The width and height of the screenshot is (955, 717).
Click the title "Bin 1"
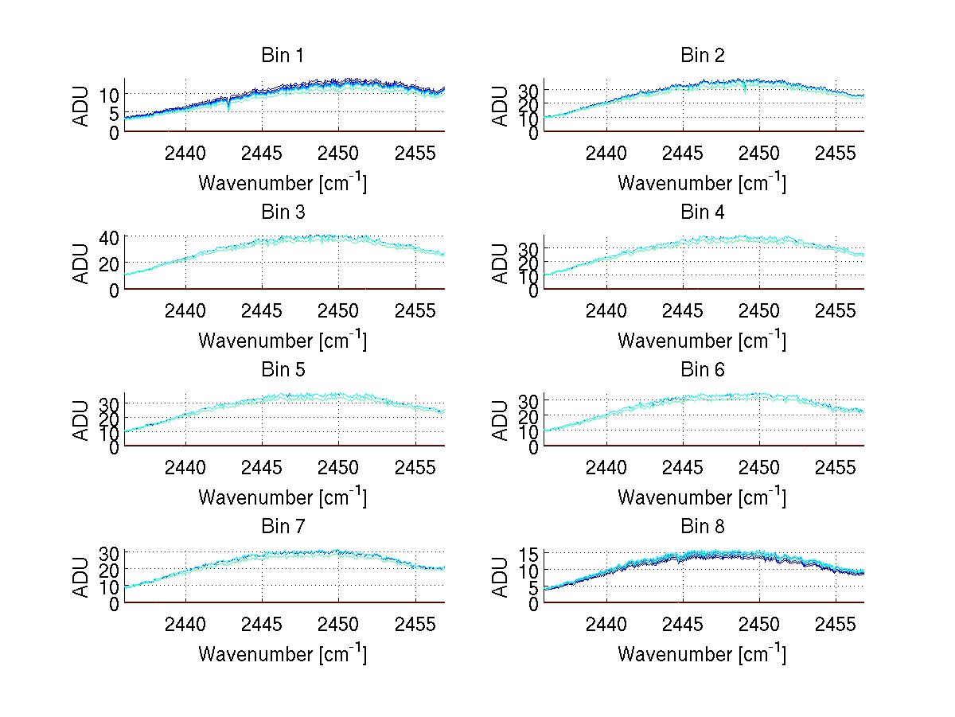pyautogui.click(x=283, y=56)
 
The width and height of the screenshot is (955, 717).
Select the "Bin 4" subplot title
pyautogui.click(x=702, y=212)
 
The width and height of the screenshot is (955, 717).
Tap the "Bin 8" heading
pyautogui.click(x=702, y=527)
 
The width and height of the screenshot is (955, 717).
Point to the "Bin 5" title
pyautogui.click(x=283, y=370)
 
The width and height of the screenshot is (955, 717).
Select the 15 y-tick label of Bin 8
pyautogui.click(x=529, y=554)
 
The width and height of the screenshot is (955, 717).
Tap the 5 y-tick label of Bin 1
pyautogui.click(x=115, y=113)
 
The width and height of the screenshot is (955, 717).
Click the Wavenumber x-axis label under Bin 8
pyautogui.click(x=702, y=654)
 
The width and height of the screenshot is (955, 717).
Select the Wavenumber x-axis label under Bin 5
pyautogui.click(x=283, y=497)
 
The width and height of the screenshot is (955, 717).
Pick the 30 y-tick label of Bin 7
pyautogui.click(x=110, y=552)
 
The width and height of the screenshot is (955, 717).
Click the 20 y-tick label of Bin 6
pyautogui.click(x=529, y=415)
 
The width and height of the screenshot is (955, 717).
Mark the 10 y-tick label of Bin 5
pyautogui.click(x=110, y=432)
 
